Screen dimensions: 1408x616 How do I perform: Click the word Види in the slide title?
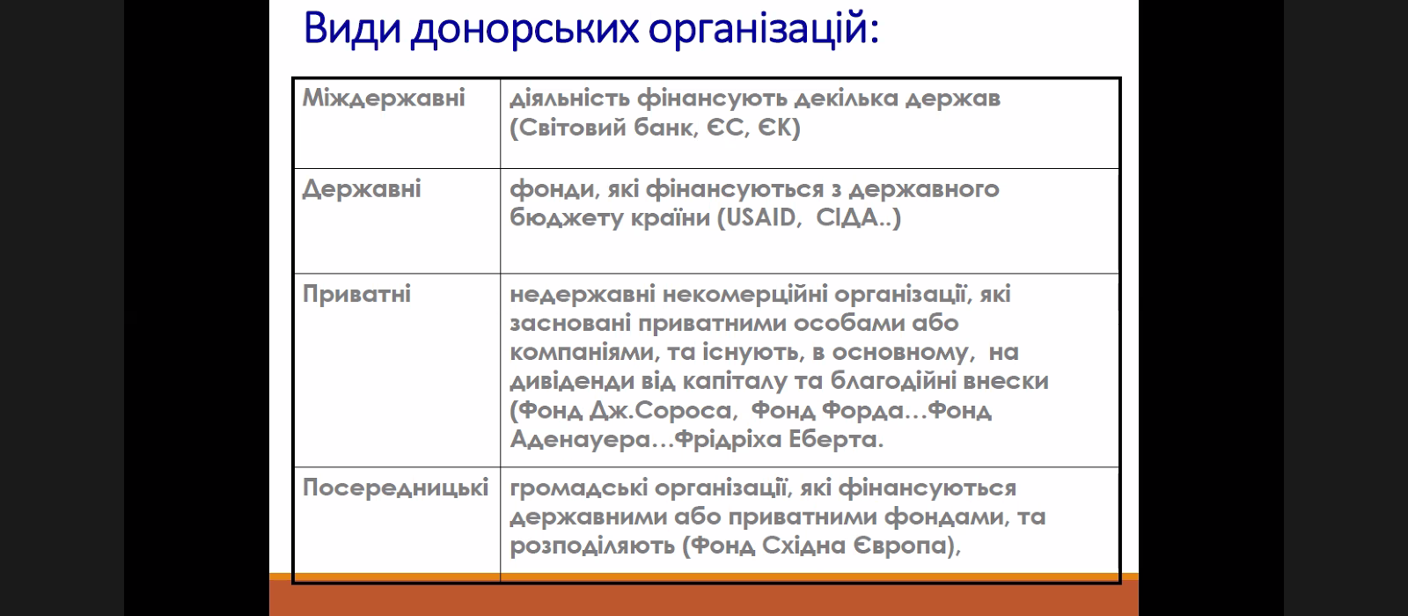click(352, 29)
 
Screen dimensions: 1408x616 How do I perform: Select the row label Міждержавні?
click(384, 98)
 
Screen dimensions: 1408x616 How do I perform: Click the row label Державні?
click(362, 189)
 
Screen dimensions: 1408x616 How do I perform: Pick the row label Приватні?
click(356, 294)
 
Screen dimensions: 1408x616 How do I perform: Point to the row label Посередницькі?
click(395, 488)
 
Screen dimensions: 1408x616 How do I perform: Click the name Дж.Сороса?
click(661, 411)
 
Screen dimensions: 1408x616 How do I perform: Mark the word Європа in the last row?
click(900, 546)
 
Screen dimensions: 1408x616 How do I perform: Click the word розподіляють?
click(591, 546)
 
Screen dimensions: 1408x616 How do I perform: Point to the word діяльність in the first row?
click(569, 99)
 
